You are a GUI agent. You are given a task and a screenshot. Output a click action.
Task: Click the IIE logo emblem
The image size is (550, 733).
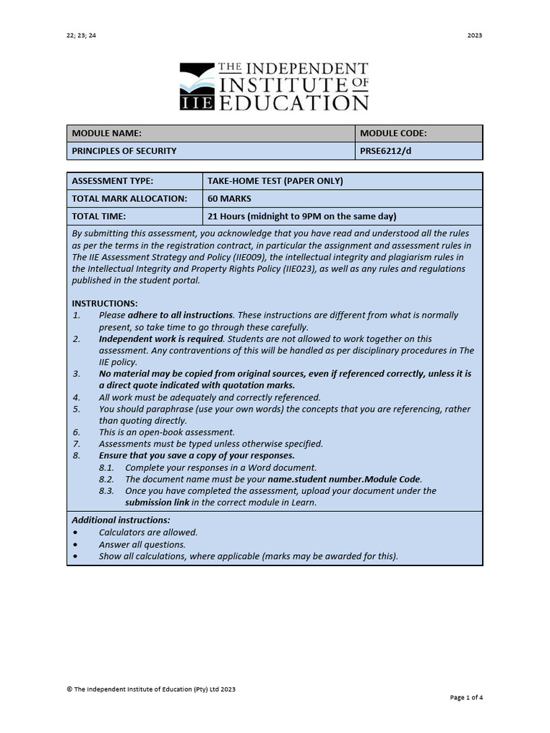[x=197, y=87]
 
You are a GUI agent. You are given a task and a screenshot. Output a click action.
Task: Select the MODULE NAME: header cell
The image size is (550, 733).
[x=107, y=133]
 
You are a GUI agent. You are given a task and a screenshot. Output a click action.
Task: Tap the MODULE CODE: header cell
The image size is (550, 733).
[x=393, y=133]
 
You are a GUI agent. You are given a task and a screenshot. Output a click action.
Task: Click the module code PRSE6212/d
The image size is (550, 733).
[x=387, y=151]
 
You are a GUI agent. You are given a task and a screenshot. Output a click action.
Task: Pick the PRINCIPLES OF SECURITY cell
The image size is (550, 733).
[x=124, y=151]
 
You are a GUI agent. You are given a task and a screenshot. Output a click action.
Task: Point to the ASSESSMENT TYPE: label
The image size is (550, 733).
[x=112, y=181]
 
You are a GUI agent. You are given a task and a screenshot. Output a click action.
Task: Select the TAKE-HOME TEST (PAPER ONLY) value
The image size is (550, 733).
[x=275, y=181]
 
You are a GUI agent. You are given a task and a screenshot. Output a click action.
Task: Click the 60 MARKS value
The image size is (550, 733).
[x=229, y=198]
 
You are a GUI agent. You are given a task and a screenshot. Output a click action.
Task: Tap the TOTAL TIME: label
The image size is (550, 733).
[x=99, y=216]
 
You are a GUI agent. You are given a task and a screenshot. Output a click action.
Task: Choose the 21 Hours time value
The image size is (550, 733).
[x=301, y=216]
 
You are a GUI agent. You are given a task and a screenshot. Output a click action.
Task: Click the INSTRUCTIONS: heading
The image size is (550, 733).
[x=105, y=304]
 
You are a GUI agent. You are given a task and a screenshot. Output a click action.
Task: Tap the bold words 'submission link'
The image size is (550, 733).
[x=157, y=503]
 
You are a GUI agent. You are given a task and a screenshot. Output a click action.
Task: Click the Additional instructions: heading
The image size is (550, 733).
[x=121, y=520]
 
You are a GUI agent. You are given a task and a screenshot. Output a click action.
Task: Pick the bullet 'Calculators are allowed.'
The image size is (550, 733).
[x=148, y=532]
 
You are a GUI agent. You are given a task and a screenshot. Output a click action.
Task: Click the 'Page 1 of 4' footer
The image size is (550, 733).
[x=466, y=697]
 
